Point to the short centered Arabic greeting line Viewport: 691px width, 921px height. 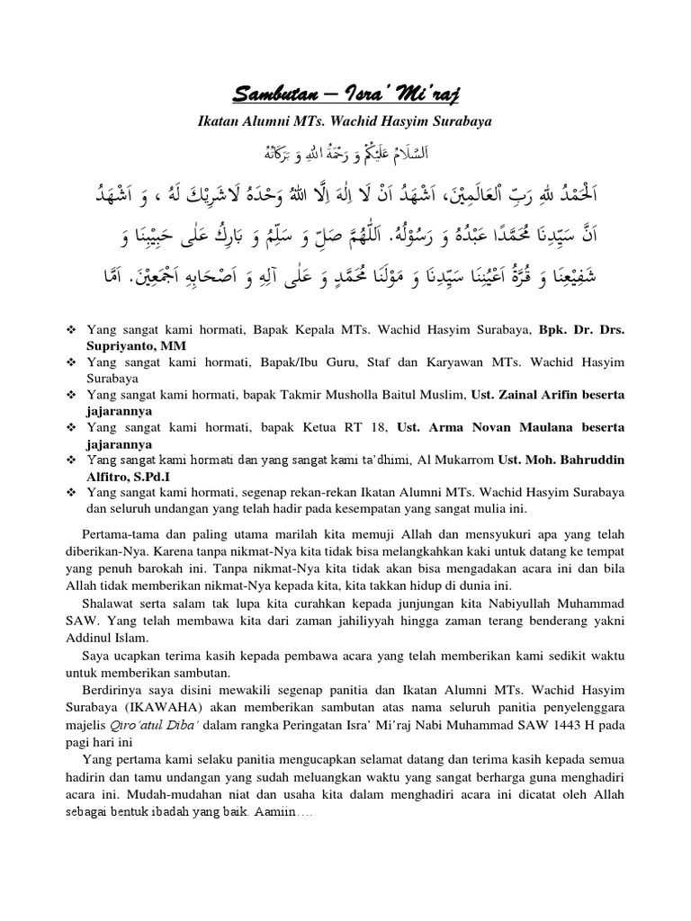pyautogui.click(x=345, y=148)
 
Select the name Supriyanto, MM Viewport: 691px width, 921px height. pyautogui.click(x=132, y=344)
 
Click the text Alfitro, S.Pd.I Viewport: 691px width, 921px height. pyautogui.click(x=130, y=476)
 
